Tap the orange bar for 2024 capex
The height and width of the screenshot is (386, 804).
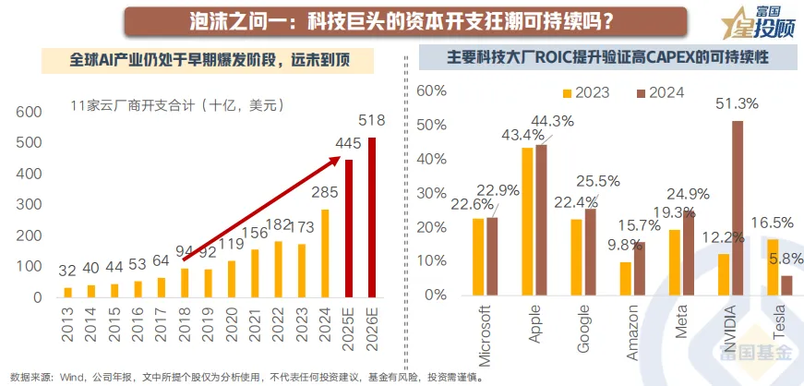325,254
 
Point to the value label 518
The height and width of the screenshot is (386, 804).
372,120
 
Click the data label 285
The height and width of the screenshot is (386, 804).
324,193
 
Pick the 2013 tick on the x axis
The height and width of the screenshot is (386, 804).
67,322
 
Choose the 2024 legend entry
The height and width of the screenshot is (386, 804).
660,93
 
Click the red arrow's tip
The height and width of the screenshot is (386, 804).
337,159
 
